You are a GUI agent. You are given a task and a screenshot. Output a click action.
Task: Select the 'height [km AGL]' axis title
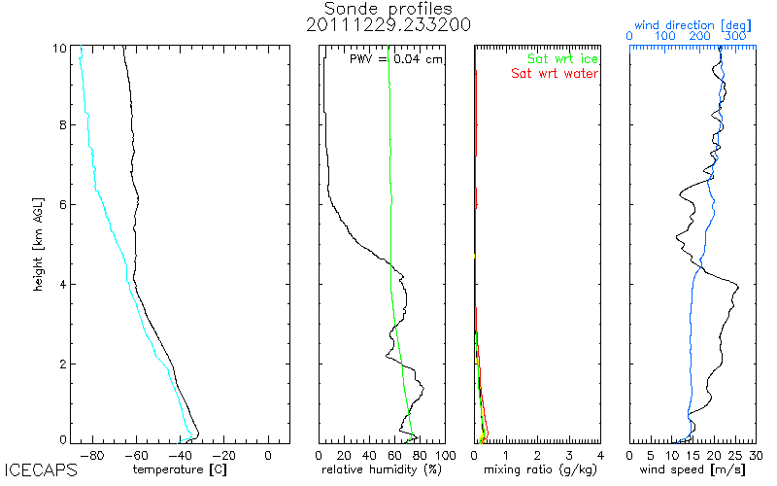[38, 243]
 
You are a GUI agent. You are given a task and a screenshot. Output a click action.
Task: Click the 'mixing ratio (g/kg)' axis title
[537, 471]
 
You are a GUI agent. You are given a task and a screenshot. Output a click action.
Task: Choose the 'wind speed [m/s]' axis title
[693, 471]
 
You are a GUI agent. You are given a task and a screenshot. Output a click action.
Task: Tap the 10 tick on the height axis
[60, 47]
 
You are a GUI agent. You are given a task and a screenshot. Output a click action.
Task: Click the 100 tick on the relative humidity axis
[444, 454]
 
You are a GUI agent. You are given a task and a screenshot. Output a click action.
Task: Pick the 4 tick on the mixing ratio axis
[600, 454]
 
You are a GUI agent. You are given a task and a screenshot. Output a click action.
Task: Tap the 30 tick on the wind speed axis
[757, 454]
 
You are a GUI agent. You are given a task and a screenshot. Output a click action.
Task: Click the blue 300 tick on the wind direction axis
[735, 36]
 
